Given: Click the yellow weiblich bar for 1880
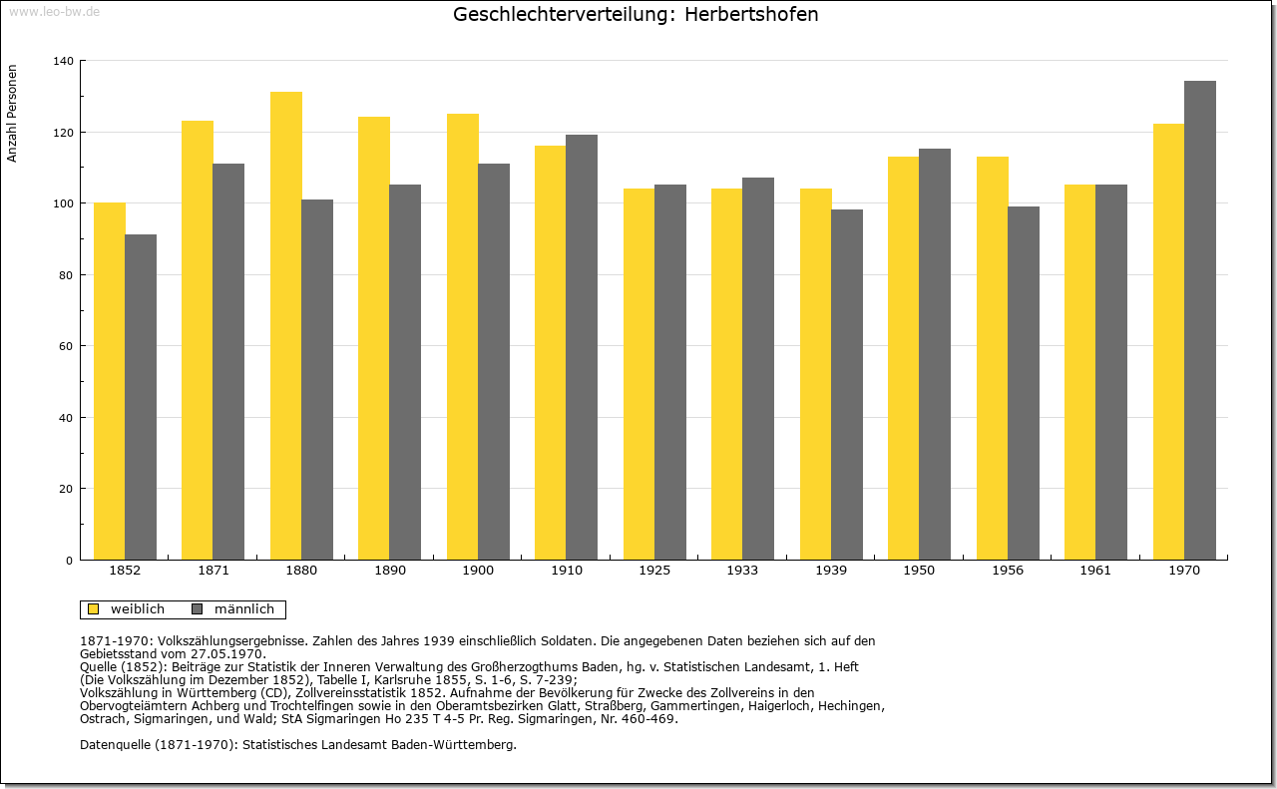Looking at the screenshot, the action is (x=286, y=325).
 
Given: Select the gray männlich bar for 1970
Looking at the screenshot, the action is (x=1200, y=320).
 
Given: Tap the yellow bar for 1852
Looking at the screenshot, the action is (x=110, y=381).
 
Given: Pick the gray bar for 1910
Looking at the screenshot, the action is (x=582, y=347).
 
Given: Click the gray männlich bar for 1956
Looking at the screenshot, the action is (x=1024, y=383).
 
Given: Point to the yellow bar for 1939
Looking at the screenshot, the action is (x=816, y=374).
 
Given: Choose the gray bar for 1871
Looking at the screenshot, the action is (x=228, y=361).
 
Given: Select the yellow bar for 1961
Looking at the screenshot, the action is (x=1080, y=372).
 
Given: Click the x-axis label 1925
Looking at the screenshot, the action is (x=654, y=571).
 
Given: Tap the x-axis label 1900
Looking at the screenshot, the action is (x=478, y=571).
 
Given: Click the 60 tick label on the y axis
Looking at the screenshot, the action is (x=66, y=346).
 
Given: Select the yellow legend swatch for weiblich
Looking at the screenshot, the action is (x=93, y=608).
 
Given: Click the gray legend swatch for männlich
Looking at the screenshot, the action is (x=197, y=608).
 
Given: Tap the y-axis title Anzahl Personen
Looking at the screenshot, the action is (x=11, y=114).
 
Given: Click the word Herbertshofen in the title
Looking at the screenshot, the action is (x=751, y=14).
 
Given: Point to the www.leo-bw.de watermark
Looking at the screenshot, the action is (x=54, y=11).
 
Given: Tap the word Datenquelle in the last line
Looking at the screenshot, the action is (x=115, y=745).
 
